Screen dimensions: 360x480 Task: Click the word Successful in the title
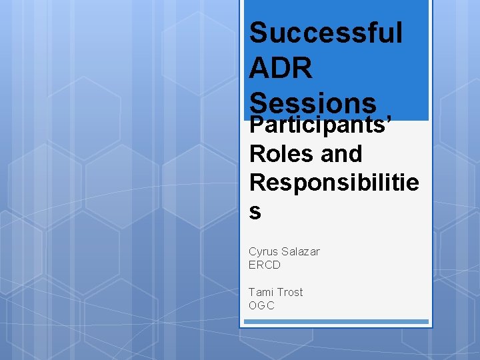[325, 33]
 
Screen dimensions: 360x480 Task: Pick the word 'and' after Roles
[341, 154]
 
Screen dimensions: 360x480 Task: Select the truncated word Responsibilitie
[334, 182]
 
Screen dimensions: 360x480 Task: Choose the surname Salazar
[301, 251]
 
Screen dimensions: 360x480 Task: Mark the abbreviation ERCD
[265, 265]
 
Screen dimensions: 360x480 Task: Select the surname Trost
[290, 292]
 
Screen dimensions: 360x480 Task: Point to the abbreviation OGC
[261, 305]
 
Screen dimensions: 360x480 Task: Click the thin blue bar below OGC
[336, 321]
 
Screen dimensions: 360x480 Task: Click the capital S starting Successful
[258, 33]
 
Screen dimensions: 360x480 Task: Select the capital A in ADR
[258, 68]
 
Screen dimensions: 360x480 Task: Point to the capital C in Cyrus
[253, 251]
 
